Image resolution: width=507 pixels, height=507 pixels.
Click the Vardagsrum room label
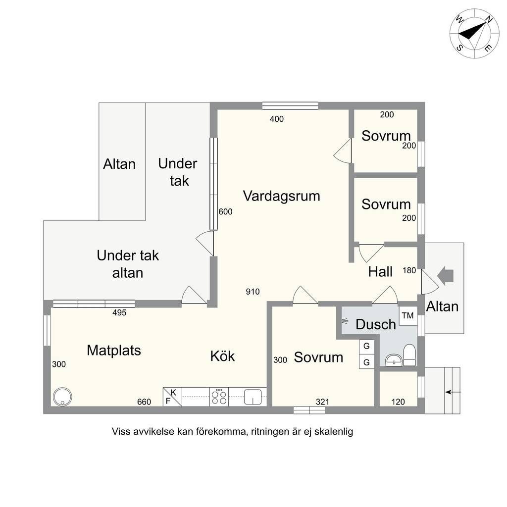pos(281,196)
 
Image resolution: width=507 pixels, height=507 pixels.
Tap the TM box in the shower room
pos(408,315)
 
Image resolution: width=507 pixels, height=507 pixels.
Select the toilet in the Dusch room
pos(409,355)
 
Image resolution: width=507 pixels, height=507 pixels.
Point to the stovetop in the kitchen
pos(219,397)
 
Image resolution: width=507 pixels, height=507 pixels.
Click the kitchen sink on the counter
pos(253,397)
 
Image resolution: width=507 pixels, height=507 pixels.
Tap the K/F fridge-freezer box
pos(172,397)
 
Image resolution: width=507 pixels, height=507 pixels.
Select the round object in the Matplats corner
pos(62,397)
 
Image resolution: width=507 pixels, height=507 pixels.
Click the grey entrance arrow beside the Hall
pos(446,276)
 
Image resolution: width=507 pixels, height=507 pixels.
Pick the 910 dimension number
pos(253,292)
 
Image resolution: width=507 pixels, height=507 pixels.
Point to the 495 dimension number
pos(119,313)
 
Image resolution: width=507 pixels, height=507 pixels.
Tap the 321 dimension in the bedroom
pos(322,402)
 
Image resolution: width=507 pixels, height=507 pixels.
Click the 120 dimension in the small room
pos(398,402)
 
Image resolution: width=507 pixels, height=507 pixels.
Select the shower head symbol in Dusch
pos(345,322)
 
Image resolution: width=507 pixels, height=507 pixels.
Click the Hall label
pos(380,272)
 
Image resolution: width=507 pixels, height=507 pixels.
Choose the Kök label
pos(222,356)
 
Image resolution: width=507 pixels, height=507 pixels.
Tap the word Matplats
pos(114,351)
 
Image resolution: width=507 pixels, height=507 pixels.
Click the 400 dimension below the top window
pos(277,119)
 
